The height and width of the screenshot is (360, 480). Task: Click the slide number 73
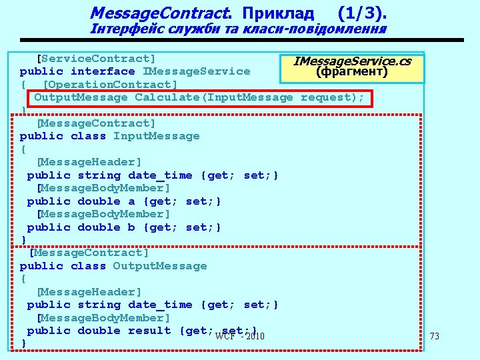coord(435,337)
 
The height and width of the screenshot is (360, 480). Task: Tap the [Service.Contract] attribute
coord(96,59)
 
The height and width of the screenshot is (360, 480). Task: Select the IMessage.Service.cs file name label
coord(353,62)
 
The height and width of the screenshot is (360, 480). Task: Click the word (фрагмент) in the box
coord(352,71)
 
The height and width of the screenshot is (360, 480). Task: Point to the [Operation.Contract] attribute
coord(110,84)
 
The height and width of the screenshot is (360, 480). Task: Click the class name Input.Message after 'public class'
coord(156,136)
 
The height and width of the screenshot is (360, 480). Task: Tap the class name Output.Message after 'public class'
coord(160,266)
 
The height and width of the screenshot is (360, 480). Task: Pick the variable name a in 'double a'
coord(131,201)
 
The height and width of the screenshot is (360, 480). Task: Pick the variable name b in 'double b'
coord(131,227)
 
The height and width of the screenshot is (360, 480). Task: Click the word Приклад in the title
coord(277,13)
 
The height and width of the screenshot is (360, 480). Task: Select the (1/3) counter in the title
coord(362,13)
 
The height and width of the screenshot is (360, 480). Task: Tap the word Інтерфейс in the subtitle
coord(126,29)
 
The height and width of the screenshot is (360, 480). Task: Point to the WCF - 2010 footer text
coord(240,335)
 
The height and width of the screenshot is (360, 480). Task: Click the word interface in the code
coord(103,71)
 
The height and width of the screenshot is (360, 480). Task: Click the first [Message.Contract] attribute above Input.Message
coord(96,123)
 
